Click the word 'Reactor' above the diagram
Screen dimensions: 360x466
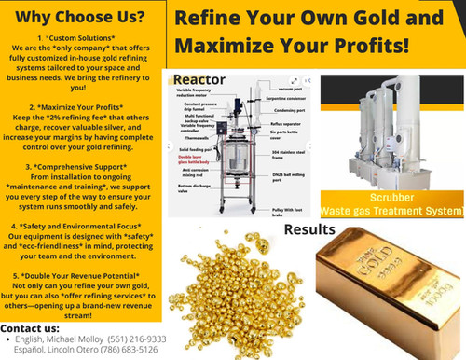(199, 79)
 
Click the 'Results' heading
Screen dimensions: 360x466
(309, 229)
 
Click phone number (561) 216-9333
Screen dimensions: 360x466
(136, 339)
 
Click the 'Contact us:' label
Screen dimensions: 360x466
(30, 328)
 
